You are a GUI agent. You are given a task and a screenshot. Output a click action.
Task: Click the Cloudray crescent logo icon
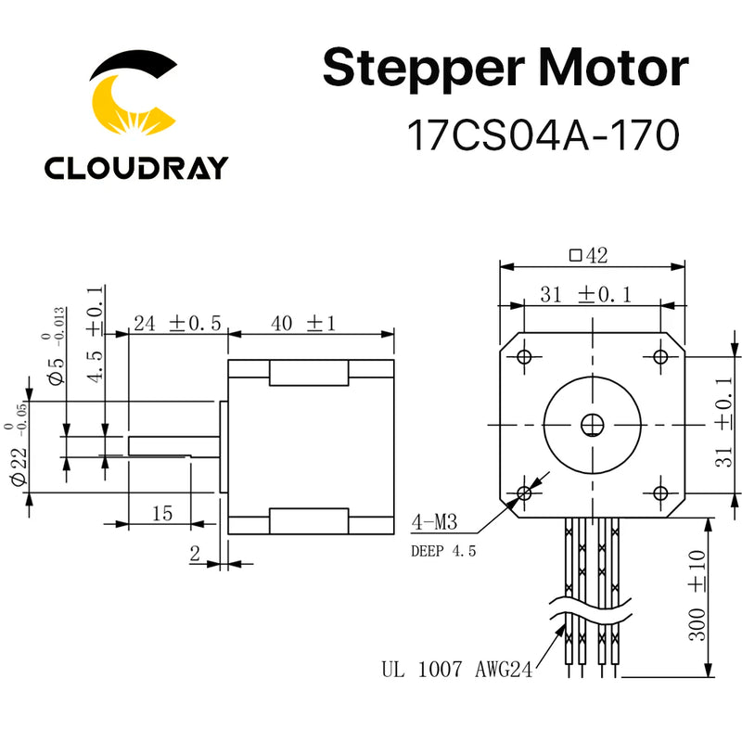(x=134, y=93)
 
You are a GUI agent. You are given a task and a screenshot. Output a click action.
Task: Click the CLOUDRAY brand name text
(x=135, y=168)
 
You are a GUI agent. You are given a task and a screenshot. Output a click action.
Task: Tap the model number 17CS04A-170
(x=544, y=136)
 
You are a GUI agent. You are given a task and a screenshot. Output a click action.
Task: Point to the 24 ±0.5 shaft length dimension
(x=177, y=324)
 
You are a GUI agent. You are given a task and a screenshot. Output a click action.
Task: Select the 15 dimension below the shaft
(x=161, y=511)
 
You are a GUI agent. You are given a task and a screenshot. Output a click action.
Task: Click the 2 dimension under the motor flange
(x=195, y=554)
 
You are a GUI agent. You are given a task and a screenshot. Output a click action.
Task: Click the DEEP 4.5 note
(x=442, y=550)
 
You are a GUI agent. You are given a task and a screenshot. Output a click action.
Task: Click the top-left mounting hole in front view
(x=524, y=357)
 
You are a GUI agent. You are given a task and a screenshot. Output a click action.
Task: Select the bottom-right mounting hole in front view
(x=660, y=492)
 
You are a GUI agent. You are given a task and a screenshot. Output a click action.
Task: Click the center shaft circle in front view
(x=592, y=425)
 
